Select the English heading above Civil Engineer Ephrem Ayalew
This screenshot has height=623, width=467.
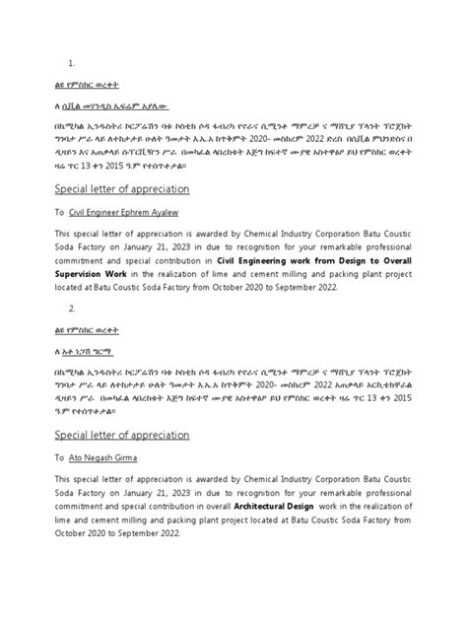click(x=119, y=187)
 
